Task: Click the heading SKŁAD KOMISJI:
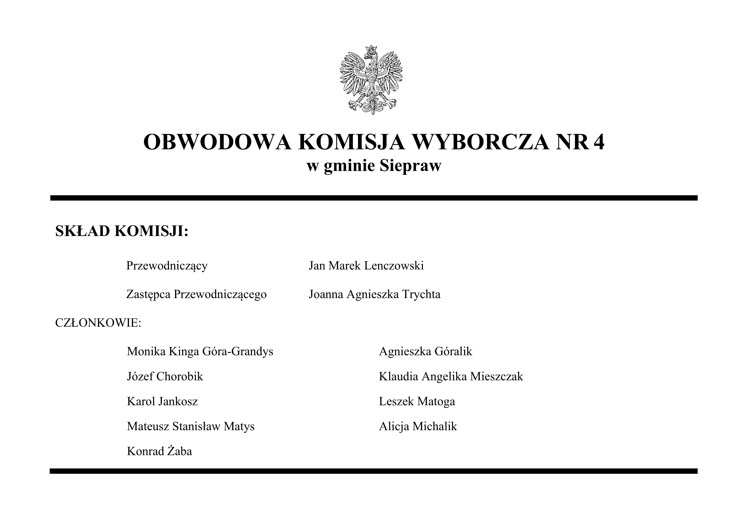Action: click(x=122, y=231)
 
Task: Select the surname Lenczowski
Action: click(x=394, y=265)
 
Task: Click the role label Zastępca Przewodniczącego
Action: click(x=196, y=294)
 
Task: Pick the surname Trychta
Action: click(x=421, y=294)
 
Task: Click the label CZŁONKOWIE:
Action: click(x=98, y=323)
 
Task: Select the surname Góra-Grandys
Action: click(x=238, y=351)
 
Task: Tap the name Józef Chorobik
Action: click(x=165, y=377)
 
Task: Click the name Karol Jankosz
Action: click(x=162, y=401)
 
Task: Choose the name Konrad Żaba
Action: click(x=159, y=451)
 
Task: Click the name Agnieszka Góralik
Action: click(x=425, y=351)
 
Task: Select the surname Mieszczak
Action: click(x=496, y=377)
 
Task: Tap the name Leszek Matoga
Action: click(x=417, y=401)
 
